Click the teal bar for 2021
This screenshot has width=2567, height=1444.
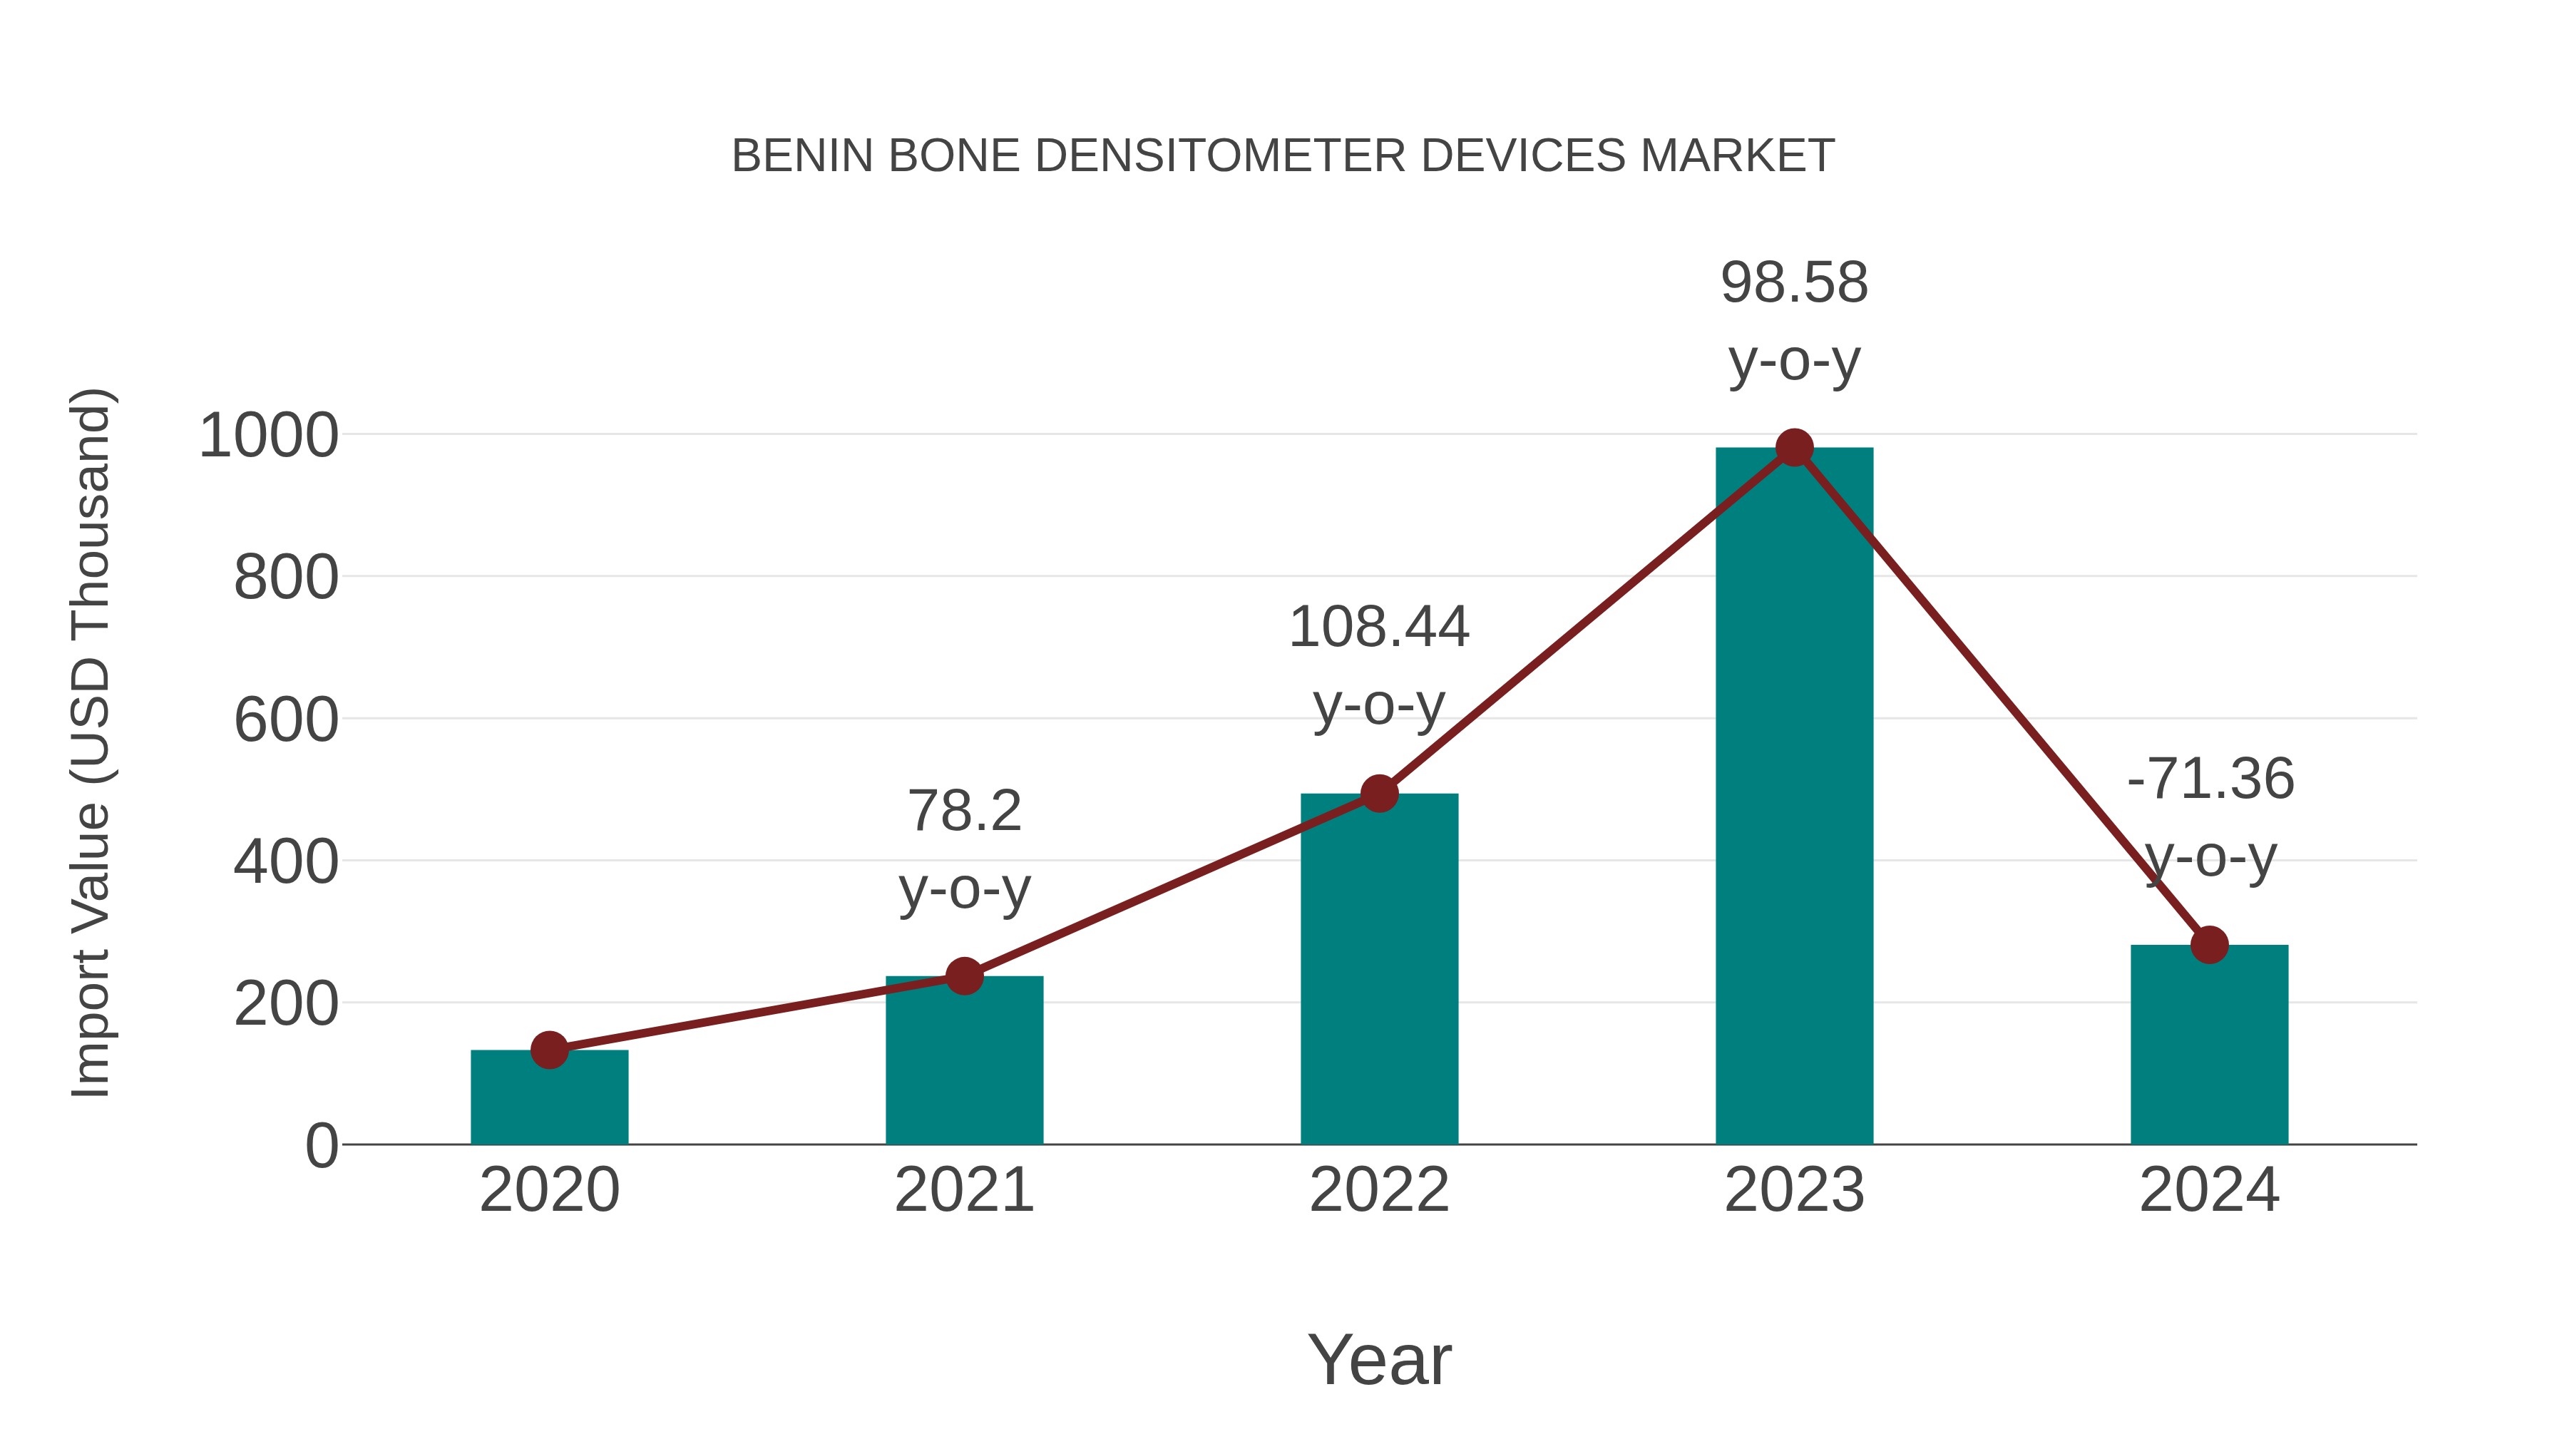(963, 1060)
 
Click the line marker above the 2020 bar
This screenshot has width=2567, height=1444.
(549, 1050)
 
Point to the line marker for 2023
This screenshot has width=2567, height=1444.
(1794, 449)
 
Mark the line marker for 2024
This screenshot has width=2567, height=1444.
(2209, 945)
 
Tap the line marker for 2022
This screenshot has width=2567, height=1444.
(1379, 794)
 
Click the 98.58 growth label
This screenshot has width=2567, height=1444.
(1794, 283)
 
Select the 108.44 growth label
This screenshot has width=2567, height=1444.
(1379, 628)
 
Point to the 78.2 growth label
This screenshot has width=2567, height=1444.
(963, 811)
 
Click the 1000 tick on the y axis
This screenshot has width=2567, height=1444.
(269, 436)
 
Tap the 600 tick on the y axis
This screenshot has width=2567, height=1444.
(286, 720)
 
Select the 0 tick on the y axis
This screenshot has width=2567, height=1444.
(321, 1146)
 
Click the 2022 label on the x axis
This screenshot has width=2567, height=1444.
(1379, 1191)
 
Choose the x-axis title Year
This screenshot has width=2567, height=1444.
(1379, 1361)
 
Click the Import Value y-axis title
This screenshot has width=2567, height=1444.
(90, 742)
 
